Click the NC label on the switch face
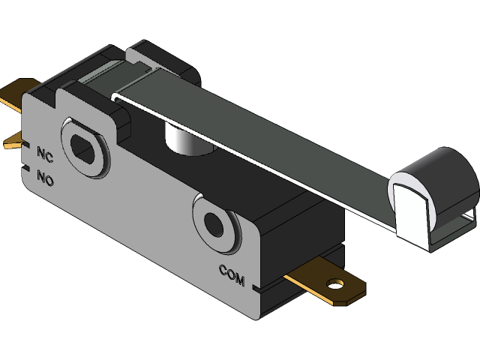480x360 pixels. [45, 154]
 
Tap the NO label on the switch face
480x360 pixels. [46, 178]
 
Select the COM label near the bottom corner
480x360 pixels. [232, 274]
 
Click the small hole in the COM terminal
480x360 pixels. [335, 284]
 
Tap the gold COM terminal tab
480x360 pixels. [322, 283]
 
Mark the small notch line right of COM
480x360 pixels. [258, 288]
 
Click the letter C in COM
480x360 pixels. [223, 270]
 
